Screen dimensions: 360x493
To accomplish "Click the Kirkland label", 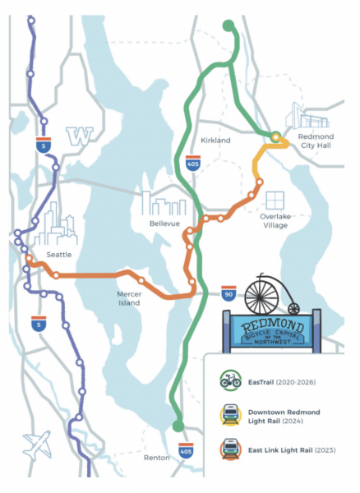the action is click(x=216, y=141).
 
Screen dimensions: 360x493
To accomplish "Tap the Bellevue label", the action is click(x=165, y=223).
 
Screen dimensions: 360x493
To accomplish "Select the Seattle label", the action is click(x=60, y=255).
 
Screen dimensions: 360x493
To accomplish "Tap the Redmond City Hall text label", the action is click(x=315, y=145).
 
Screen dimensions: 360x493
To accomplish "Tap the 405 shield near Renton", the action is click(x=187, y=449).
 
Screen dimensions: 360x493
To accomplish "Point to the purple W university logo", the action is click(x=80, y=135).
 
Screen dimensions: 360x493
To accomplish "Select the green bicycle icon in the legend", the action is click(x=229, y=380).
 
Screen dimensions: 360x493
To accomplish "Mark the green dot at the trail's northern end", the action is click(x=228, y=25).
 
